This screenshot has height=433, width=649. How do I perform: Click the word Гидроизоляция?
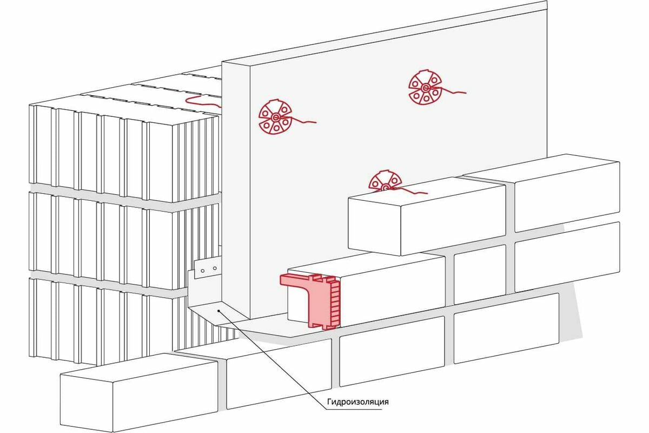(358, 402)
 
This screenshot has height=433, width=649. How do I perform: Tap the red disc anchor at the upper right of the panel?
(426, 88)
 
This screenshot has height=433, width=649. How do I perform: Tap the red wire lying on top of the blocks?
(203, 101)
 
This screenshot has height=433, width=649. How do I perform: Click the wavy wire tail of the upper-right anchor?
(454, 91)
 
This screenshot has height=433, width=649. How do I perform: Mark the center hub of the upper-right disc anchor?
(426, 88)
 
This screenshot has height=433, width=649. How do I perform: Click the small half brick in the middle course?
(479, 274)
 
